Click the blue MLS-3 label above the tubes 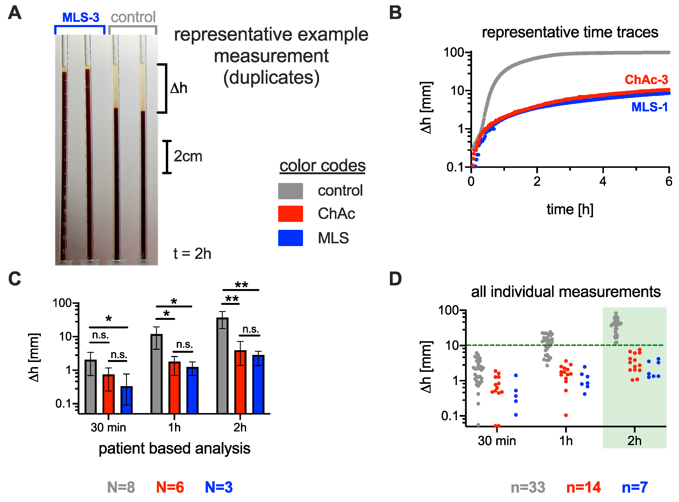[81, 18]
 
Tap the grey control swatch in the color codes [290, 191]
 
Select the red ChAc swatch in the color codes [290, 214]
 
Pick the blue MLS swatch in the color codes [290, 238]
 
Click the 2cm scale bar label [188, 157]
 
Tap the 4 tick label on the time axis [603, 182]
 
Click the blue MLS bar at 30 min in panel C [126, 400]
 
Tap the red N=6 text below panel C [170, 487]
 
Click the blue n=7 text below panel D [635, 487]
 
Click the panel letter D [395, 279]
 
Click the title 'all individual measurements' [566, 292]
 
